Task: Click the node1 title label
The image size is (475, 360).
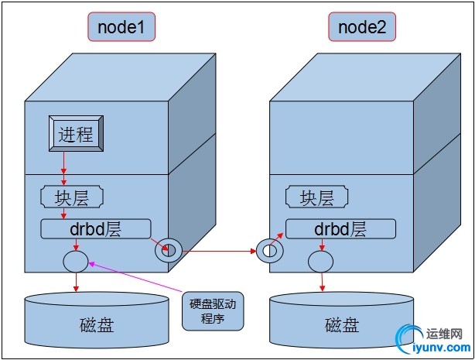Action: (121, 29)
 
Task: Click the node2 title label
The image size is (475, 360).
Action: (362, 29)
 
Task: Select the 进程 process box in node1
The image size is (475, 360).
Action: (76, 134)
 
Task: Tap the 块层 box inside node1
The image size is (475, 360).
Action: (71, 197)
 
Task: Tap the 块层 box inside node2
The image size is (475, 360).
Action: (316, 197)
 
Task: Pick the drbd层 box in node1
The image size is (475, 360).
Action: (94, 228)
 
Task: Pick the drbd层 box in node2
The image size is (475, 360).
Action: (340, 228)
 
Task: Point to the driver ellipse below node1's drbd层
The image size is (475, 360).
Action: (75, 259)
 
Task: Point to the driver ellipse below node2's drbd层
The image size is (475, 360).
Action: (320, 260)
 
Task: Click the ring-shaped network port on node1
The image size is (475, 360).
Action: (169, 250)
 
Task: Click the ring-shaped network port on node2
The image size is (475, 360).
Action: (268, 250)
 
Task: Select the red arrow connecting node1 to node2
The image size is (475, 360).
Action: (218, 251)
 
